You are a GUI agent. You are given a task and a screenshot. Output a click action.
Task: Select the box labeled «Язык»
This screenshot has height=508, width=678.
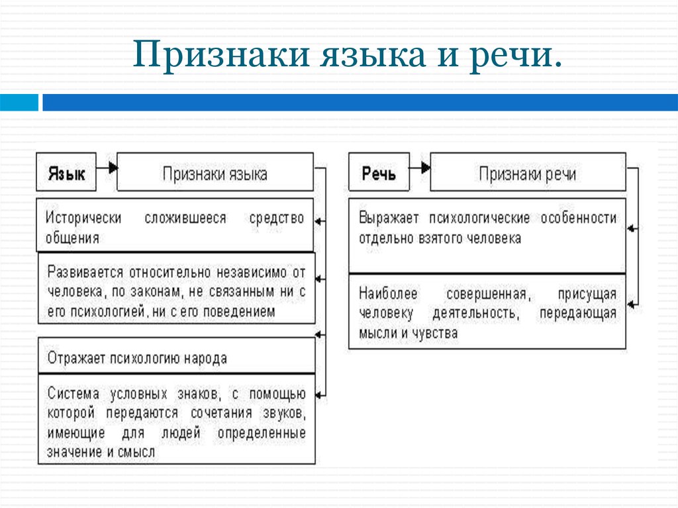pos(66,172)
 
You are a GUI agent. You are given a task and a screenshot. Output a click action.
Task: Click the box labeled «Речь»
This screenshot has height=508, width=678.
pos(379,172)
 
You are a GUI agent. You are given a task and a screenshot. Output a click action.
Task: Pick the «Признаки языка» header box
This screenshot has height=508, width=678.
pos(215,172)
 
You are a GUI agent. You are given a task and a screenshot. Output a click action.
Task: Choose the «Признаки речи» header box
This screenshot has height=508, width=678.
pos(528,172)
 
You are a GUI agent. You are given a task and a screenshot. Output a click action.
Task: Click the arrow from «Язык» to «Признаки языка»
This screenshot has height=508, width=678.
pos(107,167)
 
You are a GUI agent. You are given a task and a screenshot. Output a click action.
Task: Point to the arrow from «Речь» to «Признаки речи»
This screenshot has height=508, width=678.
pos(420,167)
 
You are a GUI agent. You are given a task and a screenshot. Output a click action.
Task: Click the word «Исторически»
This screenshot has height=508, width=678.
pos(83,218)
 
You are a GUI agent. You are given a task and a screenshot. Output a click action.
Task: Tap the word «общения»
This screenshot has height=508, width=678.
pos(73,238)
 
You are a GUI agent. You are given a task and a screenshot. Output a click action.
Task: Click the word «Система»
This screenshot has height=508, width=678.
pos(73,394)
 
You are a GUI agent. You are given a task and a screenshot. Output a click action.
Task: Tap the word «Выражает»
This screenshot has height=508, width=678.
pos(389,218)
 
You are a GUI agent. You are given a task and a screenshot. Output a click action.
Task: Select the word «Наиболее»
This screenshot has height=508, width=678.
pos(388,294)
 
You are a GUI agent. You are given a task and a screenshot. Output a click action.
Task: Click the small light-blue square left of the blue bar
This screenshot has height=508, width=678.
pos(19,103)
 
